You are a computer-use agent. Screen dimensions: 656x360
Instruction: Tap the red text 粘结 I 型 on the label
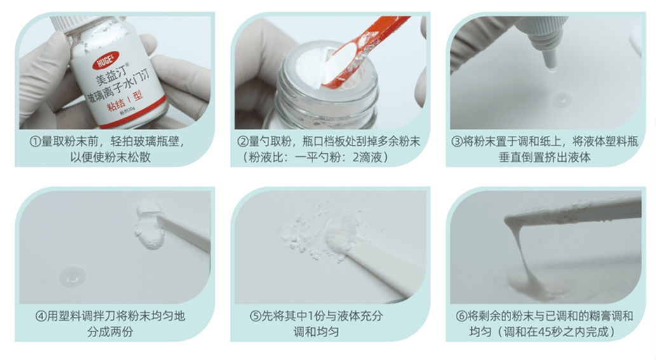click(125, 101)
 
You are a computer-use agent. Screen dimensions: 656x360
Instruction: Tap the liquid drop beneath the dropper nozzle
click(561, 99)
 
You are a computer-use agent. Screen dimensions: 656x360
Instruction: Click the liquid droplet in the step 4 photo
click(73, 276)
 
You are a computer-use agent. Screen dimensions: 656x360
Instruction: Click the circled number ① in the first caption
click(35, 142)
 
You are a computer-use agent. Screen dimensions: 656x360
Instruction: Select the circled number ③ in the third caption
click(457, 142)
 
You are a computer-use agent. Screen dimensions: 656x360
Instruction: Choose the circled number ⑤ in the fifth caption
click(256, 316)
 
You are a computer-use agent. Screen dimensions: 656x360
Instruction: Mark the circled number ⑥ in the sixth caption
click(462, 316)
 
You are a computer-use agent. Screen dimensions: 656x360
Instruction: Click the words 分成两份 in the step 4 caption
click(110, 332)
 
